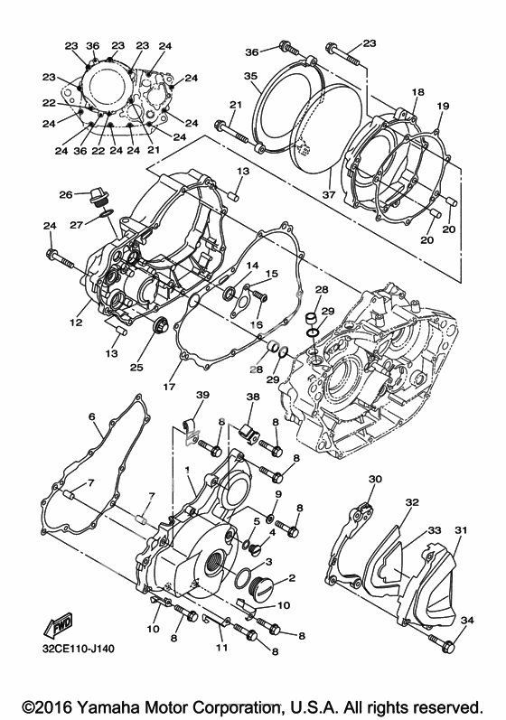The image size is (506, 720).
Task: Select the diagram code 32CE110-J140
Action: [78, 649]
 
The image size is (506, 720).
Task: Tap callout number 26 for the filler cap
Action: [66, 195]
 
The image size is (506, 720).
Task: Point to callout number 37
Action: [329, 194]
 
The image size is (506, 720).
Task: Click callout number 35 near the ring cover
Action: [250, 76]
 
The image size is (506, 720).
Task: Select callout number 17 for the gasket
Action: [170, 386]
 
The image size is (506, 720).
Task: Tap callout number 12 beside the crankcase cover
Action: [76, 323]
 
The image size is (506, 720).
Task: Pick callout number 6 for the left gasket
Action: [92, 416]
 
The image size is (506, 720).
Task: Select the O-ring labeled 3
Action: [243, 577]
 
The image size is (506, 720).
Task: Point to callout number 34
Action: [466, 621]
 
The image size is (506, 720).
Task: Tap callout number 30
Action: [375, 479]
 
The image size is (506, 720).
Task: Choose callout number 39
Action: [202, 396]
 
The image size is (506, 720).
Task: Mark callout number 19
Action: [443, 106]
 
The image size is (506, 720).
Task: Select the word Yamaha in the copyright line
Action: [107, 706]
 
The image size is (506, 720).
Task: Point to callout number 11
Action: [221, 648]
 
